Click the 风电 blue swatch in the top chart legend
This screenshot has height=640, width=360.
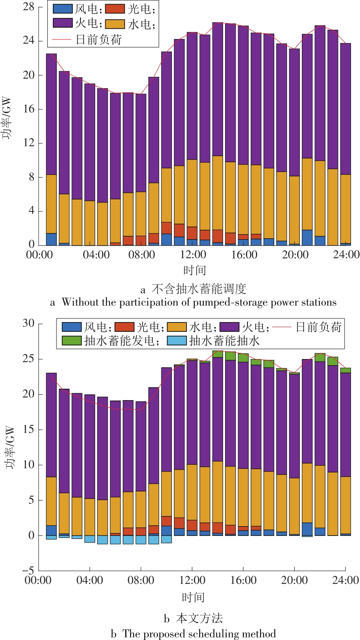(x=63, y=9)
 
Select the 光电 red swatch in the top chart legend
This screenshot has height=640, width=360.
(x=115, y=9)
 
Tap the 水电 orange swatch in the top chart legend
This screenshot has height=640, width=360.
(x=115, y=24)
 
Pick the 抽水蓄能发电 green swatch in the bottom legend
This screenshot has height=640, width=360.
(x=72, y=340)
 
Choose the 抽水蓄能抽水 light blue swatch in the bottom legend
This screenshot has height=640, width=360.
(x=177, y=340)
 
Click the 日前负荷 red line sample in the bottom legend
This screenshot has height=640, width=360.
(x=282, y=327)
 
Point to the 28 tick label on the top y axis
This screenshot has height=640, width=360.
(x=29, y=7)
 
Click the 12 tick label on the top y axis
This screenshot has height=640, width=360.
(x=29, y=143)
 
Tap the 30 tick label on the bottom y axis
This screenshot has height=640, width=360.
(x=28, y=324)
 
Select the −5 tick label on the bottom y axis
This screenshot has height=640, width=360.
(x=28, y=570)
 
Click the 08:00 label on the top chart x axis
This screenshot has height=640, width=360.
(x=141, y=255)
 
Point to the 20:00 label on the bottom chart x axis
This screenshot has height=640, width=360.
(x=294, y=580)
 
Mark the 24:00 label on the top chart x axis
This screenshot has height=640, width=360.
(x=346, y=255)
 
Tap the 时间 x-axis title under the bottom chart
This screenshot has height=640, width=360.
(x=193, y=597)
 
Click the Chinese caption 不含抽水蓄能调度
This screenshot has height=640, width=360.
(x=199, y=289)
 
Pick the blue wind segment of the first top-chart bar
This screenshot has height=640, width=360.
(x=52, y=239)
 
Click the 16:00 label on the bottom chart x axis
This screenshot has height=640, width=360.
(x=243, y=580)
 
